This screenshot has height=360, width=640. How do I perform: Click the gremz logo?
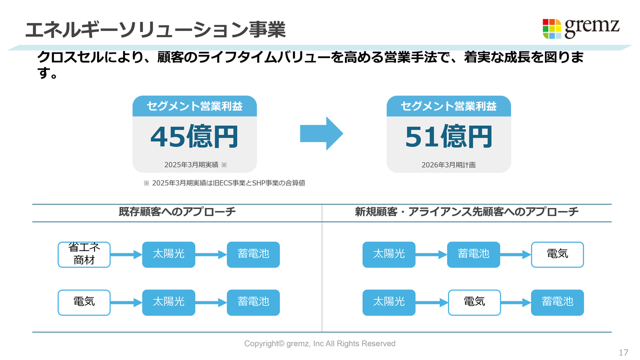581,28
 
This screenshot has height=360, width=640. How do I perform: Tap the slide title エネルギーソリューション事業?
155,29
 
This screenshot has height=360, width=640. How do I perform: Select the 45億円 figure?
194,136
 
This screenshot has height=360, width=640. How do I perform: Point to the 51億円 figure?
448,136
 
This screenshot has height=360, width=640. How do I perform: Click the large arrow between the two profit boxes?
321,133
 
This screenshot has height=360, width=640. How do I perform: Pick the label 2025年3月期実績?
191,165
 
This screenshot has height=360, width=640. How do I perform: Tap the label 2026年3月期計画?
448,165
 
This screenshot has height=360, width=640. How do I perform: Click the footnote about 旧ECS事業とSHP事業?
224,183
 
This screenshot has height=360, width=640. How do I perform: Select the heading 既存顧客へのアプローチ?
177,212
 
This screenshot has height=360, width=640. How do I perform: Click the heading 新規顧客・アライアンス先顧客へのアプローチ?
466,212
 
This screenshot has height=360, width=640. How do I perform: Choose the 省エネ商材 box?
84,254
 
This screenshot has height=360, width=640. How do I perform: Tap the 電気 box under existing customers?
84,302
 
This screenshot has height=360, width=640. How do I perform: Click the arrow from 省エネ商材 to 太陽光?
126,254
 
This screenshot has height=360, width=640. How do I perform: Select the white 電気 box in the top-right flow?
557,254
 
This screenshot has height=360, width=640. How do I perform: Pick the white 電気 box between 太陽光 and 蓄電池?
474,302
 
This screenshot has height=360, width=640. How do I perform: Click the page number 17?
623,352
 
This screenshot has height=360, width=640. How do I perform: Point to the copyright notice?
319,343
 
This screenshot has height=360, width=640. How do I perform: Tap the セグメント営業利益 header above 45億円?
194,106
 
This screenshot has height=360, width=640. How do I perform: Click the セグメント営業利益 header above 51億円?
448,106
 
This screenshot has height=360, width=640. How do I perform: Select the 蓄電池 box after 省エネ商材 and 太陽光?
253,254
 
